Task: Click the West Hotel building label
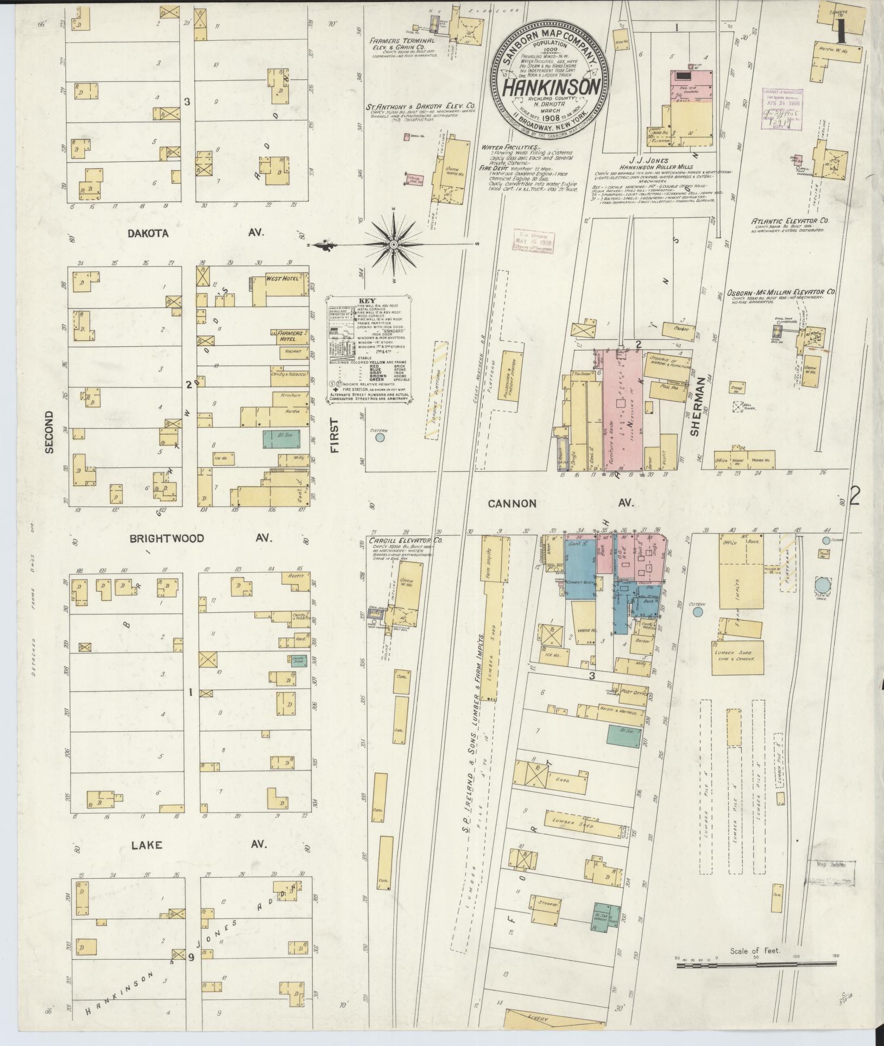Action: pyautogui.click(x=282, y=278)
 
